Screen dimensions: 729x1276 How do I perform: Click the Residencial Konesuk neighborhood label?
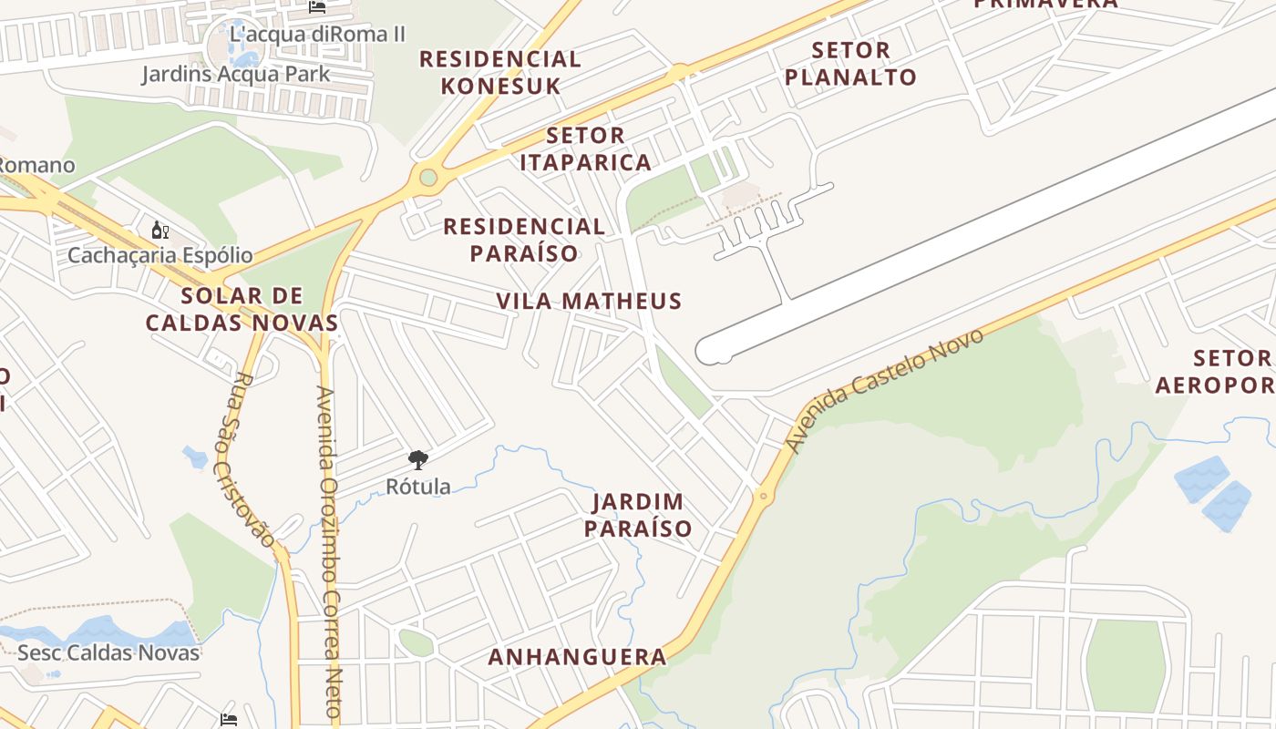coord(499,72)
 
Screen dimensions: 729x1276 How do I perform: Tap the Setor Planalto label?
coord(849,63)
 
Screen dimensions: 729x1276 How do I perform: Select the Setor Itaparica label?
coord(585,149)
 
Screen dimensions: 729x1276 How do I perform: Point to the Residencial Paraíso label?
coord(524,239)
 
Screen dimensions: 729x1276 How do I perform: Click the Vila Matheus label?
coord(589,301)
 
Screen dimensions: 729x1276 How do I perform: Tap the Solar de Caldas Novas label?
coord(242,309)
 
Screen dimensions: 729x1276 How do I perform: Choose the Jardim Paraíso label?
coord(638,515)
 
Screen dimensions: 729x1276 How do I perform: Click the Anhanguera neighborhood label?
coord(577,656)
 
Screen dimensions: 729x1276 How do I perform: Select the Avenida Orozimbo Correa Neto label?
coord(328,556)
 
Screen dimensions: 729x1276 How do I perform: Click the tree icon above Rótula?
coord(418,460)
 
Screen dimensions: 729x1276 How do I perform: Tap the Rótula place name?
coord(418,487)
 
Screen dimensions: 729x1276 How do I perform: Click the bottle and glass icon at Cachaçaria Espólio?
coord(159,230)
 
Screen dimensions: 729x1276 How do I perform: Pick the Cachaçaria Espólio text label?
coord(159,255)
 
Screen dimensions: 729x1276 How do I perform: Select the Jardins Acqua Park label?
coord(235,74)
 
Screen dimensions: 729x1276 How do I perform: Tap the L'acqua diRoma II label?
coord(317,34)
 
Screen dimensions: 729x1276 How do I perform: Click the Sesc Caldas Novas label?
coord(108,652)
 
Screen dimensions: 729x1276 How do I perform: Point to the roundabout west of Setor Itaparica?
coord(427,176)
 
